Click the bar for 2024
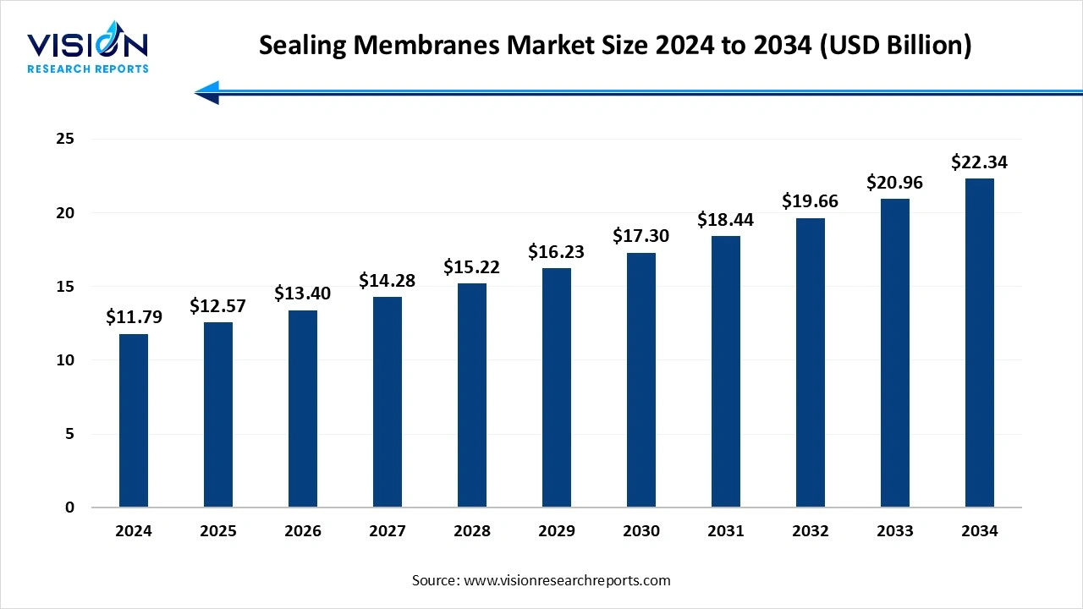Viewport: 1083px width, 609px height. [x=134, y=420]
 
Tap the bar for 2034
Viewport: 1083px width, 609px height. [x=980, y=343]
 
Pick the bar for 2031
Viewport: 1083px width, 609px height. [x=726, y=371]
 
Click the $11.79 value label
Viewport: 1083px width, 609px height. [x=134, y=317]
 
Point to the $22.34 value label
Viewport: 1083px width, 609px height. [x=980, y=162]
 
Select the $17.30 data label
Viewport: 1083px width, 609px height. [x=641, y=236]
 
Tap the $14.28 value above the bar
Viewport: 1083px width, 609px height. [x=388, y=280]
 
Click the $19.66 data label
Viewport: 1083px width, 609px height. [x=811, y=201]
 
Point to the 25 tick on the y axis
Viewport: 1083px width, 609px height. [x=65, y=139]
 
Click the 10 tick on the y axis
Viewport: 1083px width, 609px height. [x=65, y=360]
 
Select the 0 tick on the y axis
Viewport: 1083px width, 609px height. [x=70, y=507]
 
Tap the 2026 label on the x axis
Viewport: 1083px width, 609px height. [x=303, y=531]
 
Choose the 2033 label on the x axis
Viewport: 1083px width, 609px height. [x=895, y=531]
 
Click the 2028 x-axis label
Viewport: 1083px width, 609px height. [x=472, y=531]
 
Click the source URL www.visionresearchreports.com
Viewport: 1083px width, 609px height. [x=566, y=580]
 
